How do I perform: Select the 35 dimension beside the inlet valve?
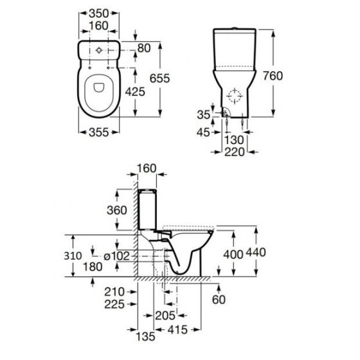tap(203, 114)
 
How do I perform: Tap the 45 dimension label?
tap(203, 133)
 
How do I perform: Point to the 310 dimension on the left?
tap(75, 255)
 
